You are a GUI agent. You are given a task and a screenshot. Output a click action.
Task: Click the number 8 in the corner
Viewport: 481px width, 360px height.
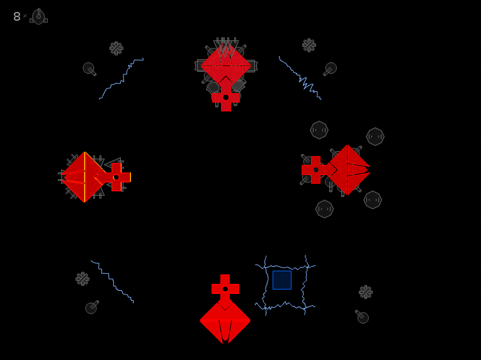(17, 16)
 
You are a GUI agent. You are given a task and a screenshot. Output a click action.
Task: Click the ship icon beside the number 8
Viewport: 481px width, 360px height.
(38, 16)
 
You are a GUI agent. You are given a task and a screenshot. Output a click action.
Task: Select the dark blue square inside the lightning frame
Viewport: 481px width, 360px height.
(282, 280)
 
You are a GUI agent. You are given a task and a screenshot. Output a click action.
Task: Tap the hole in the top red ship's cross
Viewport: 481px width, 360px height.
(226, 98)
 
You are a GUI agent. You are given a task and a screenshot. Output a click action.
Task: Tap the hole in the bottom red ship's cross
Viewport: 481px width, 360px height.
(225, 289)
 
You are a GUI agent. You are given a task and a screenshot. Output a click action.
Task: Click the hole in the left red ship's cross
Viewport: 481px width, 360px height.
(116, 177)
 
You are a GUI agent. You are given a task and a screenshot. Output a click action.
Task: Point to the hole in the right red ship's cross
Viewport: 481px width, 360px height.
(315, 170)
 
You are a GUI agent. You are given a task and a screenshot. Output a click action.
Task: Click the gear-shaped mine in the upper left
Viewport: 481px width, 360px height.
(116, 48)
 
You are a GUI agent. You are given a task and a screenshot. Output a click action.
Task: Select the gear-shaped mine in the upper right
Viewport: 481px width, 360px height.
(309, 45)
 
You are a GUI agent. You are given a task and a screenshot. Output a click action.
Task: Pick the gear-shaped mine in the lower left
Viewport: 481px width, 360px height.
(82, 279)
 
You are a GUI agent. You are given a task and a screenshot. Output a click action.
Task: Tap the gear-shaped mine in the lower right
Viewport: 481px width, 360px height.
(366, 292)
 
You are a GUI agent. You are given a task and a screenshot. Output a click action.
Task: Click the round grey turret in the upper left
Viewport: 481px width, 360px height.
(89, 69)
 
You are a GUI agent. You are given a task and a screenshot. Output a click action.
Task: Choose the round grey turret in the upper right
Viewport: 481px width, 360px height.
(330, 69)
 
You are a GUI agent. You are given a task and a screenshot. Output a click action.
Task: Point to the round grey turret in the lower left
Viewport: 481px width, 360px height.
(92, 307)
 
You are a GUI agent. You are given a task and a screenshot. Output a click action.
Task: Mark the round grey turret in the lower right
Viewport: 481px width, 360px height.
(362, 317)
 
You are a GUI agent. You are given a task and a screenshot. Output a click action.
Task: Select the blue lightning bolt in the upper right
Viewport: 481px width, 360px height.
(299, 77)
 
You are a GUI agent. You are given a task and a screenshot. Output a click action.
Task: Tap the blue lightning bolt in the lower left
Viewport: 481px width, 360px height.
(112, 281)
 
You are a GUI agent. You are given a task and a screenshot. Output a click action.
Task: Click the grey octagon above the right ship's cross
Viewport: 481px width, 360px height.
(319, 130)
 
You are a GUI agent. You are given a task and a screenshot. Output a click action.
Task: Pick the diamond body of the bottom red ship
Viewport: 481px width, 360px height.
(225, 320)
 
